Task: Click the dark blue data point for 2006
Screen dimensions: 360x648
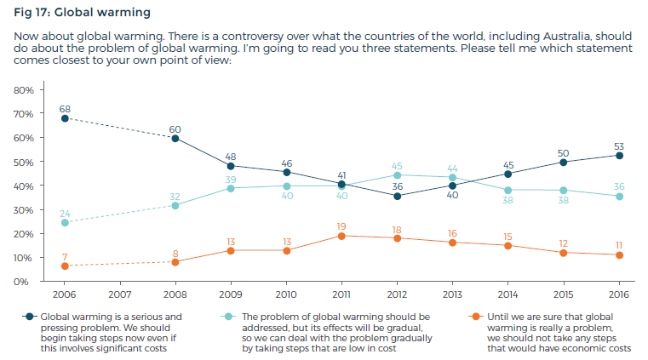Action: pyautogui.click(x=65, y=118)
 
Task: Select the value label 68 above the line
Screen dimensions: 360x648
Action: pyautogui.click(x=65, y=107)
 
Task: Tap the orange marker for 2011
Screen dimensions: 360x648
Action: pyautogui.click(x=341, y=236)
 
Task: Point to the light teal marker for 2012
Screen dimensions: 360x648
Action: pyautogui.click(x=397, y=174)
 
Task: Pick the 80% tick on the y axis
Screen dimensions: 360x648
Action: pyautogui.click(x=23, y=89)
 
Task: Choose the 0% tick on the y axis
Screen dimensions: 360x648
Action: pyautogui.click(x=26, y=281)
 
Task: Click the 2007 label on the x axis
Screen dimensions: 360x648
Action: pyautogui.click(x=120, y=294)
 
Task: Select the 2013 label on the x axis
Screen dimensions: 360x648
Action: pyautogui.click(x=452, y=294)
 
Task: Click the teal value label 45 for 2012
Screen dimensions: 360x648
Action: pyautogui.click(x=397, y=164)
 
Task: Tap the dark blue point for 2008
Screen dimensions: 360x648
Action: pyautogui.click(x=175, y=138)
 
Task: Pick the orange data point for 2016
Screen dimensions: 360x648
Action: pyautogui.click(x=619, y=254)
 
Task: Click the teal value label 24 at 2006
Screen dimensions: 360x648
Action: pyautogui.click(x=65, y=212)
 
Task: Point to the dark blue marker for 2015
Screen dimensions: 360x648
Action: pyautogui.click(x=564, y=162)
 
